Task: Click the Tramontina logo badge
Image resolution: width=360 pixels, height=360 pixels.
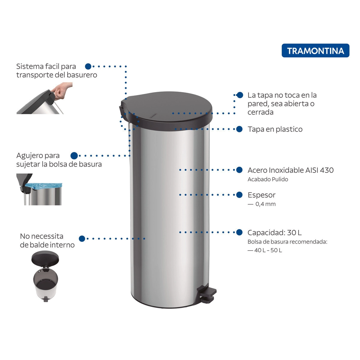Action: (x=315, y=50)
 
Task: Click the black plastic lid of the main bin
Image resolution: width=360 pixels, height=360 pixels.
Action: (x=166, y=110)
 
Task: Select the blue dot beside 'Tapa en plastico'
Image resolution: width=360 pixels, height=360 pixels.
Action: (x=239, y=129)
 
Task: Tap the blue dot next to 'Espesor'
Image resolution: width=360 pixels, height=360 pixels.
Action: (x=239, y=195)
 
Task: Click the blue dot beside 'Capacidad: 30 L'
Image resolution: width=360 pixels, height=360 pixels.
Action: (x=239, y=232)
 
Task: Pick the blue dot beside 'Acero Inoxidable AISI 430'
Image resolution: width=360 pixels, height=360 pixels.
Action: (x=239, y=170)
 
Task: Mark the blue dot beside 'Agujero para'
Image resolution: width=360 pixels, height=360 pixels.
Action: (x=74, y=156)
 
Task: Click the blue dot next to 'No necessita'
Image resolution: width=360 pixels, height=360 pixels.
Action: (x=82, y=238)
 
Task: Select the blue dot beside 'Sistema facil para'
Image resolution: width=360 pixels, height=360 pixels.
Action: (x=88, y=66)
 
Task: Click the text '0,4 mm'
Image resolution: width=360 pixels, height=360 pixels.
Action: (x=265, y=204)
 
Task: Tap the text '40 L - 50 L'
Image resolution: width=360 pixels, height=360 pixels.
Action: (x=268, y=250)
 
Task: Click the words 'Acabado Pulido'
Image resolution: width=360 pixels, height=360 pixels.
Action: (x=268, y=179)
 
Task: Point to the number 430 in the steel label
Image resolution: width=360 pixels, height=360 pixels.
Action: (x=327, y=170)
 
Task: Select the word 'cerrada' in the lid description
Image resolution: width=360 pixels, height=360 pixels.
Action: (x=260, y=112)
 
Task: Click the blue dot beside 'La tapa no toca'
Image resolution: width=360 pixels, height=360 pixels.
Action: (x=240, y=95)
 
